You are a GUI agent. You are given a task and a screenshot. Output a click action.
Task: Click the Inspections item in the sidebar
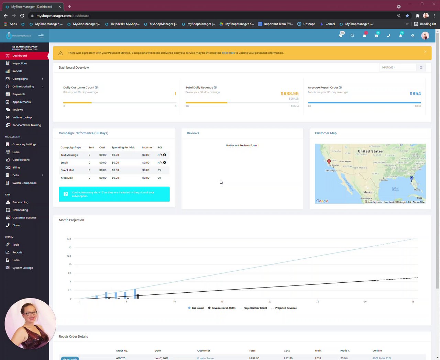[x=20, y=64]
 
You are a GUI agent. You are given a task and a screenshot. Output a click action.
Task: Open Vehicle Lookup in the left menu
[x=22, y=117]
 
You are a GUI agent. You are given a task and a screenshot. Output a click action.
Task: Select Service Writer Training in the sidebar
[x=26, y=125]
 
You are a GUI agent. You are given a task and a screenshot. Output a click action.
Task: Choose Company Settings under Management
[x=24, y=144]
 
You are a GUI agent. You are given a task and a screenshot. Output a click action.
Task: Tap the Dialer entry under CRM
[x=16, y=225]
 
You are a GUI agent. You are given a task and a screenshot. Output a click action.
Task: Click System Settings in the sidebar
[x=22, y=268]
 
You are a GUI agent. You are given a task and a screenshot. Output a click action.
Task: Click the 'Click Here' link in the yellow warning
[x=228, y=53]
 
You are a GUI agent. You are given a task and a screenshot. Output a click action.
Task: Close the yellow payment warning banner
[x=425, y=52]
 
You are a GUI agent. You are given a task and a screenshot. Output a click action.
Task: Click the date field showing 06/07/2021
[x=397, y=68]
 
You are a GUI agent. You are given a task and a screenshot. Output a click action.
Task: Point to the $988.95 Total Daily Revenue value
[x=289, y=93]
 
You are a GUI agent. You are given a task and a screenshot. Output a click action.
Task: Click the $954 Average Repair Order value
[x=415, y=93]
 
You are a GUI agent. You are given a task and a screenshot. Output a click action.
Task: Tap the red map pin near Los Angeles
[x=329, y=161]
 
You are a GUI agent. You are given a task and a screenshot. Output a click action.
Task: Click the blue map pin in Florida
[x=411, y=179]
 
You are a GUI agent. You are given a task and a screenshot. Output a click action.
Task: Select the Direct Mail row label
[x=67, y=170]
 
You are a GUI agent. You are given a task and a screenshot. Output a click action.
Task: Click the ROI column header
[x=159, y=147]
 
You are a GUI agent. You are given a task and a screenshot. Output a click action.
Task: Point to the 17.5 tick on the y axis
[x=69, y=239]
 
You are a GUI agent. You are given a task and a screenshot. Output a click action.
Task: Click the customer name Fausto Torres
[x=206, y=358]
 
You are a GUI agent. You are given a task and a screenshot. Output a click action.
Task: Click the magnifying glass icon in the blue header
[x=352, y=36]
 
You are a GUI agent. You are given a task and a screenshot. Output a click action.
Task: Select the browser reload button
[x=22, y=16]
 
